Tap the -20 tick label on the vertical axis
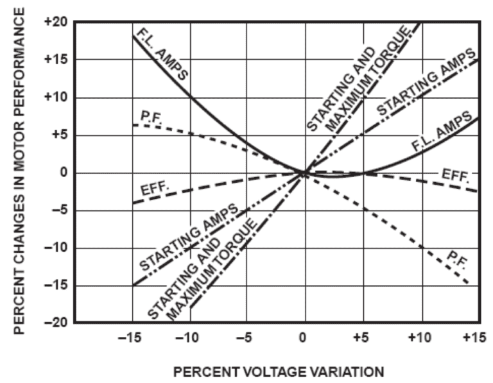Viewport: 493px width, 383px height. coord(57,323)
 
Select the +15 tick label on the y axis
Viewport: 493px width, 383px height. coord(56,60)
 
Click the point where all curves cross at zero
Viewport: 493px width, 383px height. coord(305,173)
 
